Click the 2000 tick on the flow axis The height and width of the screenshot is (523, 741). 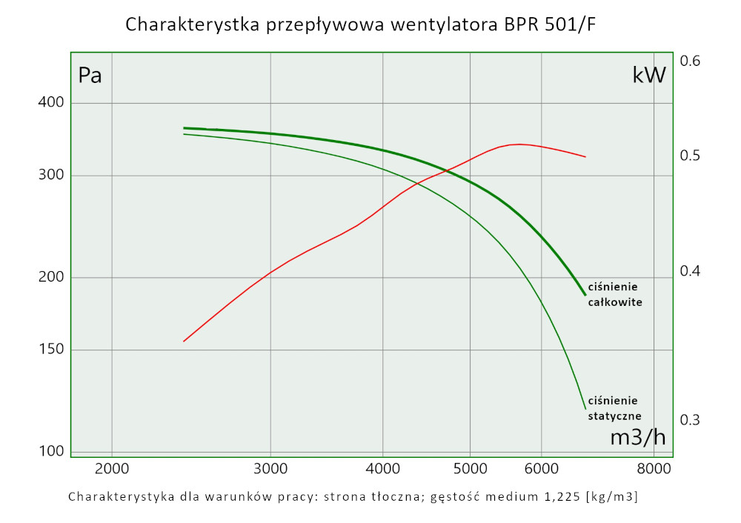tap(111, 469)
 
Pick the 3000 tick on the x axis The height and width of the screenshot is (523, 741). tap(270, 469)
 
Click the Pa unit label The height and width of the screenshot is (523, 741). tap(90, 76)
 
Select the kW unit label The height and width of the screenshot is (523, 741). tap(649, 75)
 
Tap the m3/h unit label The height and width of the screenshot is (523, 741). tap(637, 438)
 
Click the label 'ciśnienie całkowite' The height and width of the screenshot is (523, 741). tap(614, 294)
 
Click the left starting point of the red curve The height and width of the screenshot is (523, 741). tap(184, 342)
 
